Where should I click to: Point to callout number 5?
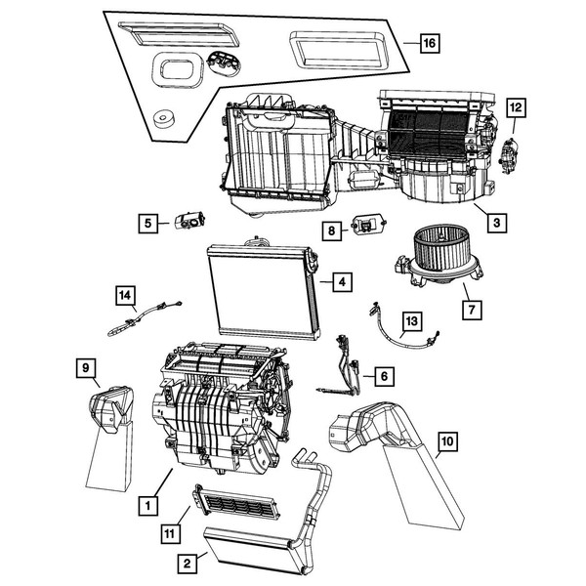147,224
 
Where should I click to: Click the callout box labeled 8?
331,231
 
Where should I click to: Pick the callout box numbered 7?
472,311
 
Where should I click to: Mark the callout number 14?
124,293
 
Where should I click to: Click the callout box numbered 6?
383,374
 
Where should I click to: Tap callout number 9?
86,367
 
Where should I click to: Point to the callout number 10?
447,442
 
